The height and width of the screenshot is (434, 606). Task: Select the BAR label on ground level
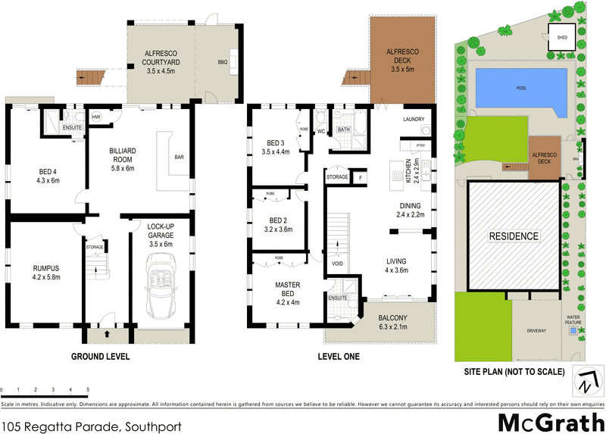point(179,158)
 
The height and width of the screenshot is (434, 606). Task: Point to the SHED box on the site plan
point(561,36)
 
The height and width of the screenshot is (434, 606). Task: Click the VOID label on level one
point(338,264)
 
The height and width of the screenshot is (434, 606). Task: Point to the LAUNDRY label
point(414,119)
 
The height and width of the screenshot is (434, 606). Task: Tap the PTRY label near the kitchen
point(416,145)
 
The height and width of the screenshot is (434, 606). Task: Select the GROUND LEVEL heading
point(100,356)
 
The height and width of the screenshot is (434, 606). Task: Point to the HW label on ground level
point(96,117)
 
